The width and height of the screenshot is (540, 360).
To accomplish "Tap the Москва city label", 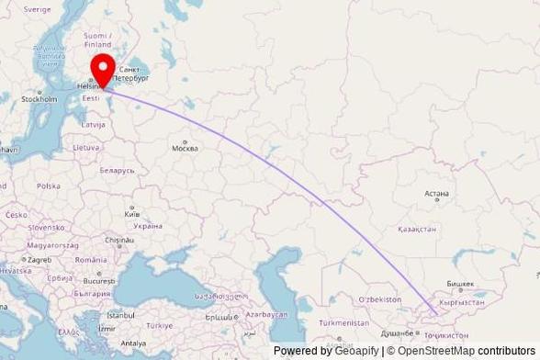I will click(x=186, y=147).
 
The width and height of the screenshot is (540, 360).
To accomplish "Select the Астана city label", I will click(x=436, y=194).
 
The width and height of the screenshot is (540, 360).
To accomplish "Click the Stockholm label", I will click(x=39, y=99).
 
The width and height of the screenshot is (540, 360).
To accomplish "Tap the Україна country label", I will click(x=147, y=225).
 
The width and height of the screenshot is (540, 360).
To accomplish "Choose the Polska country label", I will click(x=48, y=186).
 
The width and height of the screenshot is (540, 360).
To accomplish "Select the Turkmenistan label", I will click(x=343, y=323).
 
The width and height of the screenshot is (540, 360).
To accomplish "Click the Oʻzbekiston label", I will click(x=380, y=300).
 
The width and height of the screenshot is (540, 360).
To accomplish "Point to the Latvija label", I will click(x=93, y=123).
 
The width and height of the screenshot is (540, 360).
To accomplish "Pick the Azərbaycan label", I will click(x=265, y=314).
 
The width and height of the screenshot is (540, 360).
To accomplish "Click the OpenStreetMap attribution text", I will click(x=436, y=351).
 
